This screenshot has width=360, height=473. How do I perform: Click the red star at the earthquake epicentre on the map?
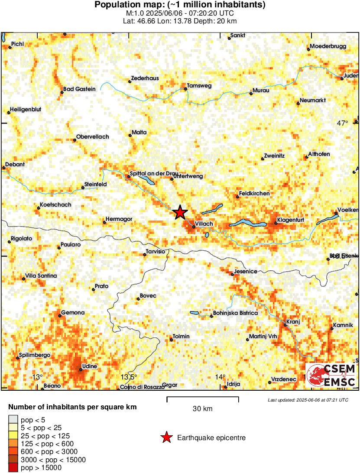tap(180, 212)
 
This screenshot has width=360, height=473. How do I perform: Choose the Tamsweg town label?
tap(199, 86)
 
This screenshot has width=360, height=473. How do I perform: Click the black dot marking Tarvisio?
tap(145, 254)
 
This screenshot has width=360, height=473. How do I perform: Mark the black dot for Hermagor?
tap(104, 223)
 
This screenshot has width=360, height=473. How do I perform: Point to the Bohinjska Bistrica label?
tap(235, 313)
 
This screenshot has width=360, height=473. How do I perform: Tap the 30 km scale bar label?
tap(202, 408)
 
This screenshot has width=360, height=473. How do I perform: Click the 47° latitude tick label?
tap(342, 123)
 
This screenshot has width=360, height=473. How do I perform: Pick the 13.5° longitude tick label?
tap(128, 376)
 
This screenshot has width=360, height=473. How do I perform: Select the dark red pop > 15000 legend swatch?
tap(13, 467)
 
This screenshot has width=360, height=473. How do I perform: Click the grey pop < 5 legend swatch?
tap(13, 419)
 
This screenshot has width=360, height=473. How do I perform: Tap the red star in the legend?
tap(166, 438)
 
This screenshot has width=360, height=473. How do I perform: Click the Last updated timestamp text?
tap(308, 400)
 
